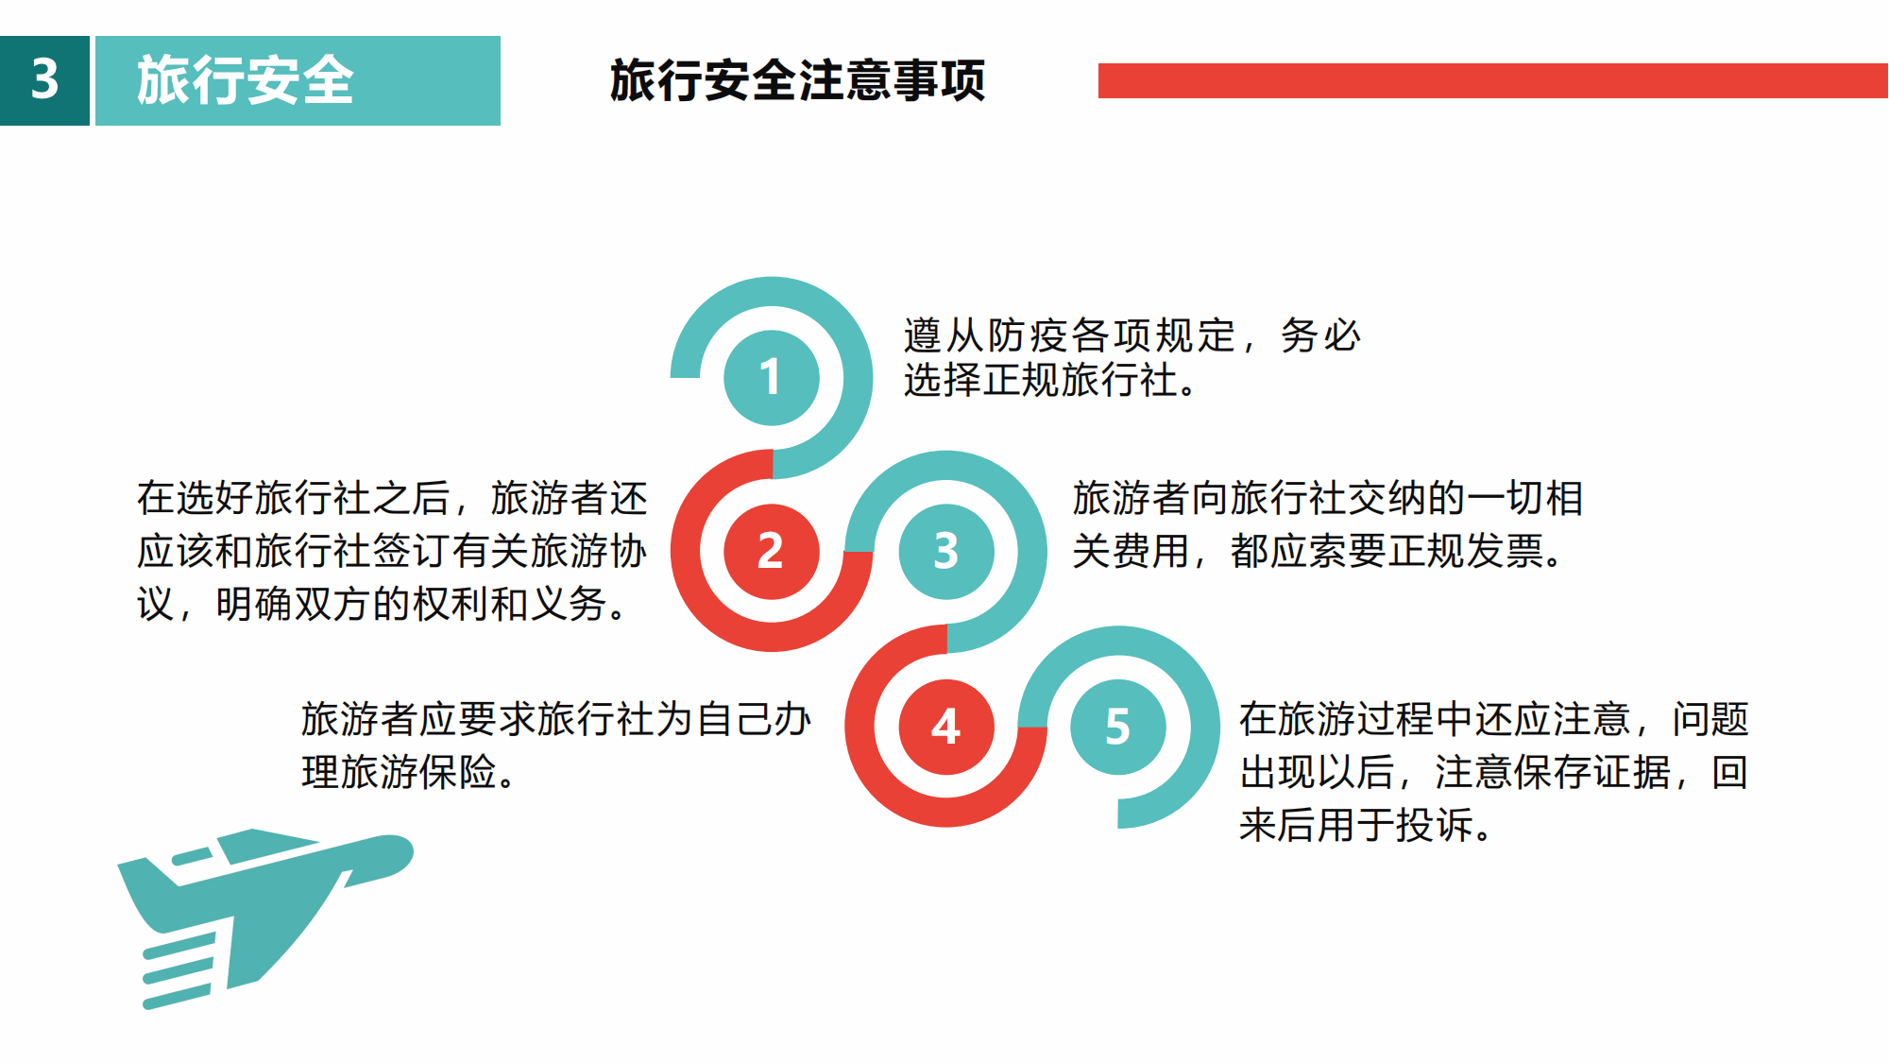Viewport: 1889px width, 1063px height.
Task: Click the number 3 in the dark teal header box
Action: [x=44, y=79]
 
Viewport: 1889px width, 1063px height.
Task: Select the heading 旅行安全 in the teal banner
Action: [x=246, y=80]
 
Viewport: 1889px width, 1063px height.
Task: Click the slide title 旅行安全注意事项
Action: [x=797, y=80]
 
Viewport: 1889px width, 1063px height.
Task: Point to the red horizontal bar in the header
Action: [x=1493, y=80]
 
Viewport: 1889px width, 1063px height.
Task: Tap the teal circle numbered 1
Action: [x=772, y=377]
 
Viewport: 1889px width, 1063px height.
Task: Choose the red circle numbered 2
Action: [x=772, y=552]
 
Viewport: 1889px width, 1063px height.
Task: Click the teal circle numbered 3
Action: [x=946, y=552]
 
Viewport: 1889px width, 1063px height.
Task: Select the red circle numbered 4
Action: [x=946, y=727]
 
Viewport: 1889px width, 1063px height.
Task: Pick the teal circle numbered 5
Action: [x=1118, y=727]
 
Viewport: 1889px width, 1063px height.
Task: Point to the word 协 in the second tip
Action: [x=628, y=551]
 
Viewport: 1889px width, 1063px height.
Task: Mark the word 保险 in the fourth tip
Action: [x=458, y=772]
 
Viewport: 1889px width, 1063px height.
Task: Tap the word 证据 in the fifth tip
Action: [x=1632, y=772]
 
